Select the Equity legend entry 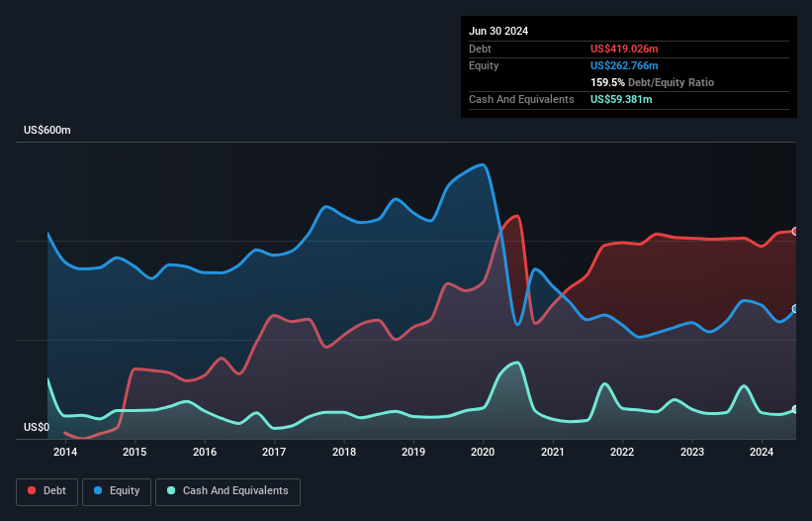pos(116,491)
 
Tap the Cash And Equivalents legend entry pos(227,491)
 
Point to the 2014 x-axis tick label pos(65,453)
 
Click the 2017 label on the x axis pos(274,453)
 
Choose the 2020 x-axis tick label pos(484,453)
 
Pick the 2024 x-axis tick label pos(762,453)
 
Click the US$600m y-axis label pos(47,131)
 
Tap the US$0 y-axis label pos(36,428)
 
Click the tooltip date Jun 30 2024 pos(498,31)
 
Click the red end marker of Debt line pos(795,231)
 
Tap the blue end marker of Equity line pos(795,309)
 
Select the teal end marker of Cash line pos(795,409)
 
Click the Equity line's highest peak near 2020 pos(482,164)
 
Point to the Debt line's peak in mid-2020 pos(517,216)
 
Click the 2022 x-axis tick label pos(622,453)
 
